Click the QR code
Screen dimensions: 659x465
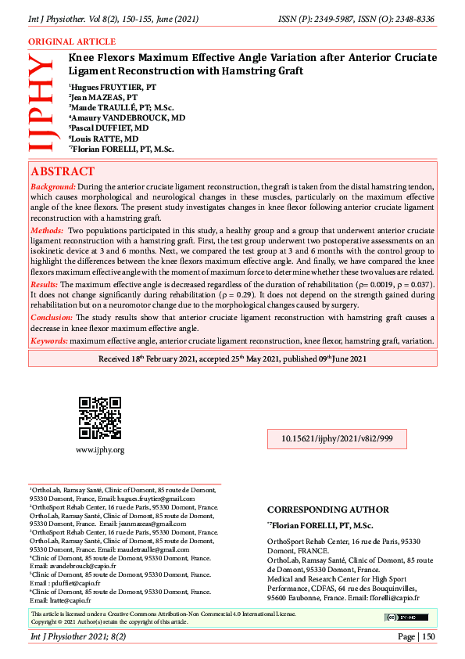pyautogui.click(x=99, y=418)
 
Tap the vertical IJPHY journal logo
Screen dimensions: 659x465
pyautogui.click(x=40, y=103)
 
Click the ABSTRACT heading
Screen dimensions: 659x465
pyautogui.click(x=63, y=171)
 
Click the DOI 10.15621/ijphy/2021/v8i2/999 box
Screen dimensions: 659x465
pyautogui.click(x=337, y=439)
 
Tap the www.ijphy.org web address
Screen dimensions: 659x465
pyautogui.click(x=99, y=450)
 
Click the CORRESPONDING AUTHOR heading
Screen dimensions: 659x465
pyautogui.click(x=328, y=510)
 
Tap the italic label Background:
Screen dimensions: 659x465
pyautogui.click(x=53, y=187)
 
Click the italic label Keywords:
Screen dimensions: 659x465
pyautogui.click(x=50, y=341)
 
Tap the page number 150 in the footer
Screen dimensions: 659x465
pyautogui.click(x=428, y=638)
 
